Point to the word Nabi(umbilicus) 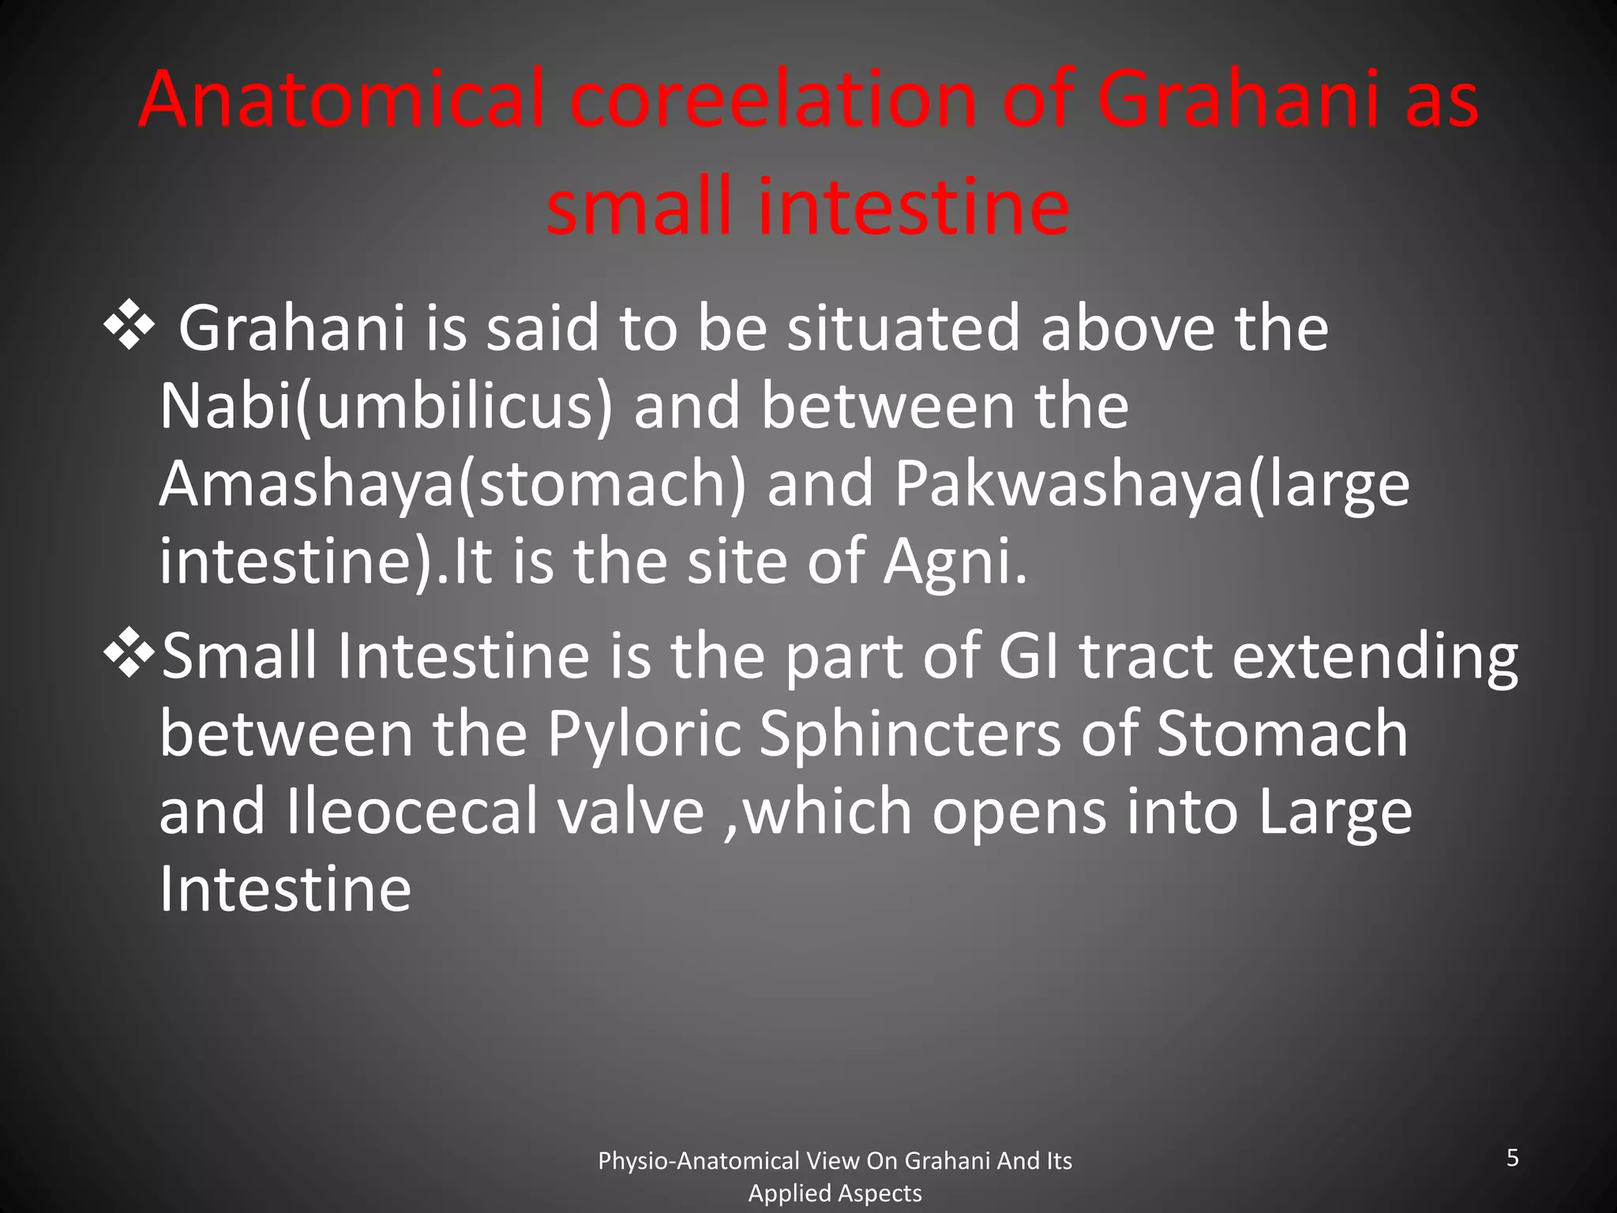(x=385, y=407)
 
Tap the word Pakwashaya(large (x=1151, y=484)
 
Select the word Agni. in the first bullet (x=955, y=561)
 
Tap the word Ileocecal (x=411, y=812)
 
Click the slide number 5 (x=1512, y=1158)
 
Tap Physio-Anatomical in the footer (x=698, y=1161)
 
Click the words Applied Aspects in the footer (x=835, y=1193)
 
